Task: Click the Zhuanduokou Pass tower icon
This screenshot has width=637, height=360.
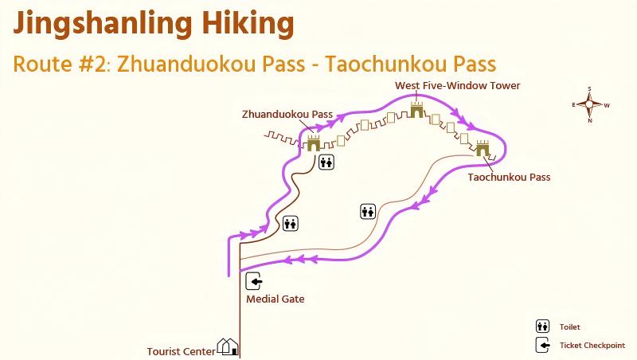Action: pyautogui.click(x=313, y=143)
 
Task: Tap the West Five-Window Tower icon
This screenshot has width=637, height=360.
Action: pyautogui.click(x=415, y=111)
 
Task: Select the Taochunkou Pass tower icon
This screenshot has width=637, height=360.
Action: pyautogui.click(x=483, y=148)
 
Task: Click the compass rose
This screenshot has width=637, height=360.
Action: pyautogui.click(x=589, y=104)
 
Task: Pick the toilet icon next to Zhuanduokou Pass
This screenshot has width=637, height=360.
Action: pyautogui.click(x=326, y=162)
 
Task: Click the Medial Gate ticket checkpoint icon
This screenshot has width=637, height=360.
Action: pyautogui.click(x=255, y=280)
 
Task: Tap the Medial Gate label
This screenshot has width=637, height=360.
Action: pyautogui.click(x=276, y=299)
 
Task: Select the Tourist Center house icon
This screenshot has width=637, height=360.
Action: pyautogui.click(x=229, y=346)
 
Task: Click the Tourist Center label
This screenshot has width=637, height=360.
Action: pyautogui.click(x=181, y=350)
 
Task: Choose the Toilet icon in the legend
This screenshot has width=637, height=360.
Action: pyautogui.click(x=542, y=326)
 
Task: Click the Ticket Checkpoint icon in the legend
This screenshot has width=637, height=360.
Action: pyautogui.click(x=542, y=345)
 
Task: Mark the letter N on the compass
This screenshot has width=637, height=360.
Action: pyautogui.click(x=589, y=121)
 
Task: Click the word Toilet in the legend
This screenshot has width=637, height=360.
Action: pyautogui.click(x=569, y=327)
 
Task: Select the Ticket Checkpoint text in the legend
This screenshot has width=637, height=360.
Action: pyautogui.click(x=592, y=346)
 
